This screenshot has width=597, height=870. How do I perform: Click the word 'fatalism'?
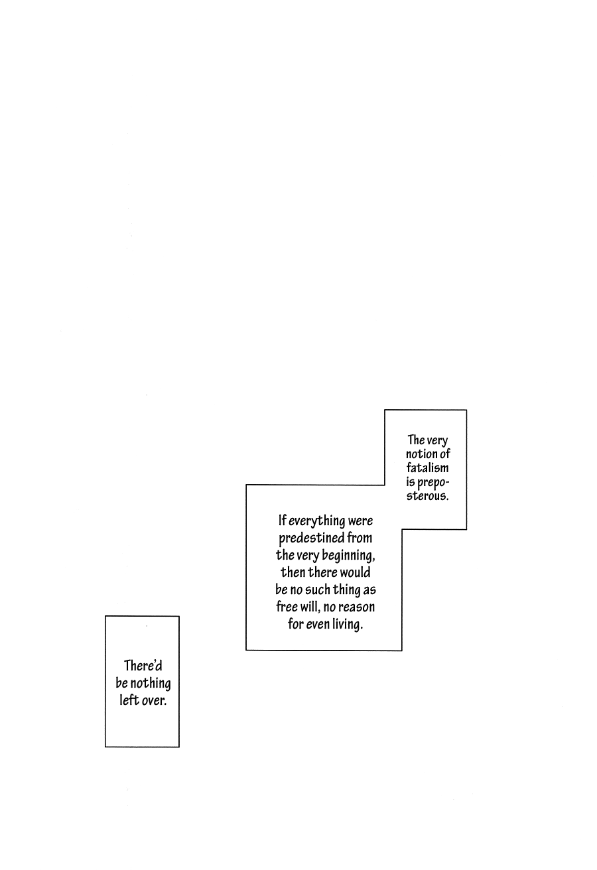pos(427,468)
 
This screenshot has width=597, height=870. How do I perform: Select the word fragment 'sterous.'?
pos(427,496)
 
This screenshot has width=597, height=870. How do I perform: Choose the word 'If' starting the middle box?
pos(282,520)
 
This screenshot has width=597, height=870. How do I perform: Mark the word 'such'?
pos(317,590)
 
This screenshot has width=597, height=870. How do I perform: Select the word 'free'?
pos(287,607)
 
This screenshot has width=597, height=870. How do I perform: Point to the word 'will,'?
pos(310,607)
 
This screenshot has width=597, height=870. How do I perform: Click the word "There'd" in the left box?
pos(143,666)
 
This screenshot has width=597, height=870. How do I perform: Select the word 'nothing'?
pos(151,684)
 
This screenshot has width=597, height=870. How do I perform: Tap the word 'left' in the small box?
pos(129,700)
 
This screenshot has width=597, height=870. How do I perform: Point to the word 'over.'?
pos(154,701)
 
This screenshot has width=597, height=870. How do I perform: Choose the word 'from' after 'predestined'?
pos(360,538)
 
